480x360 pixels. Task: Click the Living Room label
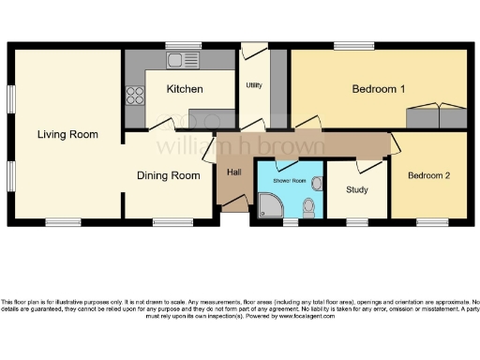[67, 135]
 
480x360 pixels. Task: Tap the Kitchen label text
[185, 89]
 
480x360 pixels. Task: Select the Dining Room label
[169, 175]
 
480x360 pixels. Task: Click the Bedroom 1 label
[378, 90]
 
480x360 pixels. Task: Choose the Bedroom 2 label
[428, 175]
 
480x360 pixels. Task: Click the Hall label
[234, 172]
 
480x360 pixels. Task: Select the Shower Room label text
[290, 179]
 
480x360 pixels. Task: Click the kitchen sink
[175, 62]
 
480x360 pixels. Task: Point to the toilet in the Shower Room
[317, 184]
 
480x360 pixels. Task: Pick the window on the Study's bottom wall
[357, 222]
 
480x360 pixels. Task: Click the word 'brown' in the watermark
[296, 147]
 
